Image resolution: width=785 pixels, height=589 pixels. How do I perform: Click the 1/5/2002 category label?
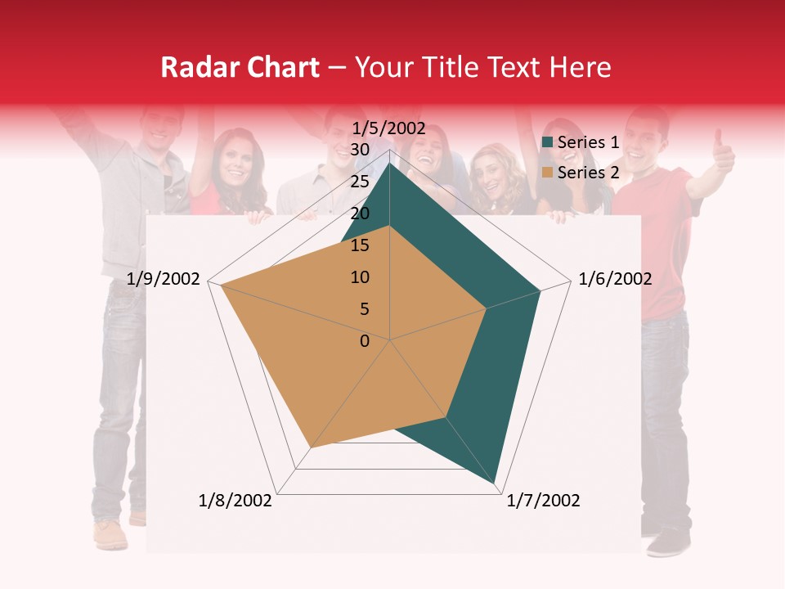pos(388,128)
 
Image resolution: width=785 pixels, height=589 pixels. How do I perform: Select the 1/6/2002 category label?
pos(615,279)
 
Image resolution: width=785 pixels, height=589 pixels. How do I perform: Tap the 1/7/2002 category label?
pos(543,501)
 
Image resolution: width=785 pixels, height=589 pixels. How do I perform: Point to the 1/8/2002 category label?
pos(235,501)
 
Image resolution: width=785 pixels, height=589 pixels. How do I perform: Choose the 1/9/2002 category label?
pos(164,279)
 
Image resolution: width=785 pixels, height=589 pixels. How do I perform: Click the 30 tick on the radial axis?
pos(360,150)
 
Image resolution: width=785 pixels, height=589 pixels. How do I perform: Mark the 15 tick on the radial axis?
pos(360,245)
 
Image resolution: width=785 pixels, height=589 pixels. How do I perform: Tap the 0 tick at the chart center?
pos(365,341)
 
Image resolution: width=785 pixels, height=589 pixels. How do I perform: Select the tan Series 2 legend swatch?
pos(548,173)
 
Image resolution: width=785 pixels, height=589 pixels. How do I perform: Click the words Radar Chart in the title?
pos(240,68)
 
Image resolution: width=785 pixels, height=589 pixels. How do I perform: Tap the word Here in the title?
pos(580,68)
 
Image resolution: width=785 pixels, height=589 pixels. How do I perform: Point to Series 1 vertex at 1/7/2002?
pos(496,484)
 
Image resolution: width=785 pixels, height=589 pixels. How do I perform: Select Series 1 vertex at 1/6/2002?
pos(540,290)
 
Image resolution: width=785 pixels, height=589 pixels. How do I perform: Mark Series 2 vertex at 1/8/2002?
pos(311,447)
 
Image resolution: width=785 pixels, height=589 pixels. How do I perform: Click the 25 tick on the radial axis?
pos(360,182)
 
